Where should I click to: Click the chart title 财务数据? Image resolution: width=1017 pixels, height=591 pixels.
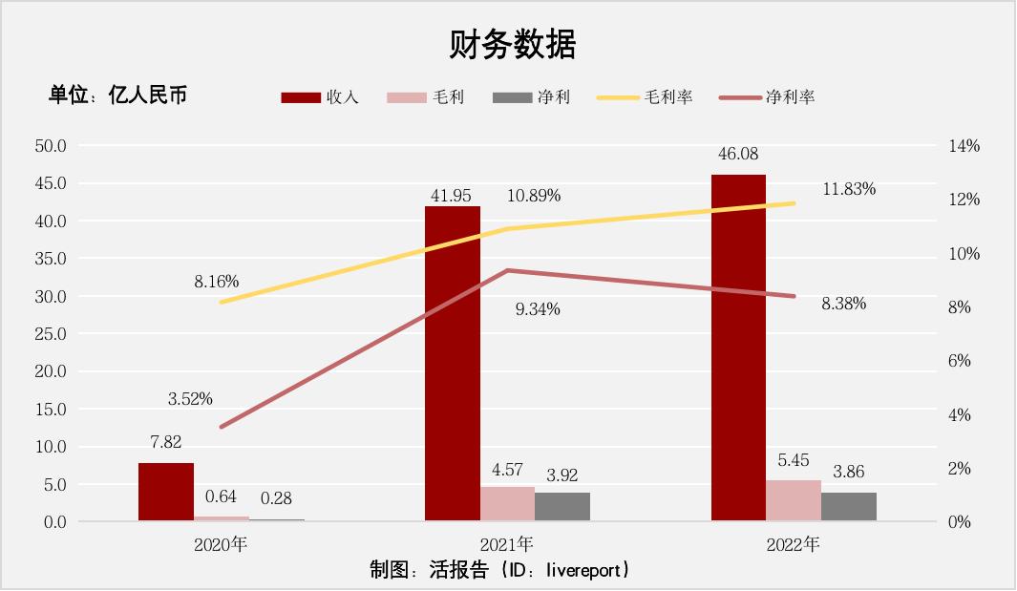click(513, 44)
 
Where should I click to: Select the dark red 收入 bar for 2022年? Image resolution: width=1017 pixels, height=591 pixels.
click(738, 348)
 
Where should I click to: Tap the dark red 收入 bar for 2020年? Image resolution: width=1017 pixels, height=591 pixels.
click(165, 492)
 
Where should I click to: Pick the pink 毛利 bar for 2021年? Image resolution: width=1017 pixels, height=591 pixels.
click(507, 503)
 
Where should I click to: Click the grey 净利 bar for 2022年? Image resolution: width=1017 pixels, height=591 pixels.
click(848, 506)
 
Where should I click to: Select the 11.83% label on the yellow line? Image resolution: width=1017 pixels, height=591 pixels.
click(849, 189)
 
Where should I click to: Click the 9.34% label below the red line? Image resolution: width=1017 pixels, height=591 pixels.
click(537, 309)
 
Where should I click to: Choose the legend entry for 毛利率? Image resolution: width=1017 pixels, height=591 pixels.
click(646, 97)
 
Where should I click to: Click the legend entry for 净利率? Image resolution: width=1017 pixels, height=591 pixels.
click(768, 97)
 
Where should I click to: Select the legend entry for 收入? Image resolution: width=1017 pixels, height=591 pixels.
click(321, 97)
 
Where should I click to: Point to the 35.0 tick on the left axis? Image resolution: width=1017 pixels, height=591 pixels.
click(51, 259)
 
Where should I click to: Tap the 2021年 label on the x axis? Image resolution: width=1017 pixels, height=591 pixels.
click(507, 544)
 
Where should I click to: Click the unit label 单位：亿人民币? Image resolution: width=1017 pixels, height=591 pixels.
click(118, 95)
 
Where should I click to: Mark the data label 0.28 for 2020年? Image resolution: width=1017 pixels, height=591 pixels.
click(276, 498)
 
